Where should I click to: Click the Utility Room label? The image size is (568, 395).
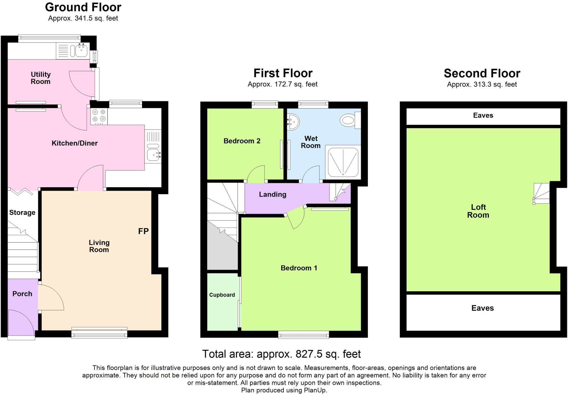pos(40,78)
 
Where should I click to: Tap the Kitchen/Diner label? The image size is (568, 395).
pos(75,143)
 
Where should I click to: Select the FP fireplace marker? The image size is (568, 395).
pos(143,231)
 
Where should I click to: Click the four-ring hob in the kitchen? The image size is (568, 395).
pos(99,116)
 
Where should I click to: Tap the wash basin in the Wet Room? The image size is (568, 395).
pos(293,121)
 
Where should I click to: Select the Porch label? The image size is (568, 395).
pos(22,294)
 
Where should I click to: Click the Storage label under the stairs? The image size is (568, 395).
pos(22,212)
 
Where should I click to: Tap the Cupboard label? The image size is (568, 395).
pos(222,295)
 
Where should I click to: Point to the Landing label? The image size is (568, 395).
pos(272,194)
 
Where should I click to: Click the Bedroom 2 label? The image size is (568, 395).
pos(242,141)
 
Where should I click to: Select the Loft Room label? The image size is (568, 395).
pos(478,211)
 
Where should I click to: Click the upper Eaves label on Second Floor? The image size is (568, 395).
pos(483,115)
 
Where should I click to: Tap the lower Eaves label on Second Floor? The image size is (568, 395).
pos(483,308)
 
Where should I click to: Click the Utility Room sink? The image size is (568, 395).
pos(81,50)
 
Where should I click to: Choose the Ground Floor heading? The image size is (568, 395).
pos(83,7)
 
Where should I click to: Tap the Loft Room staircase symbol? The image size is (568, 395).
pos(541,194)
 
